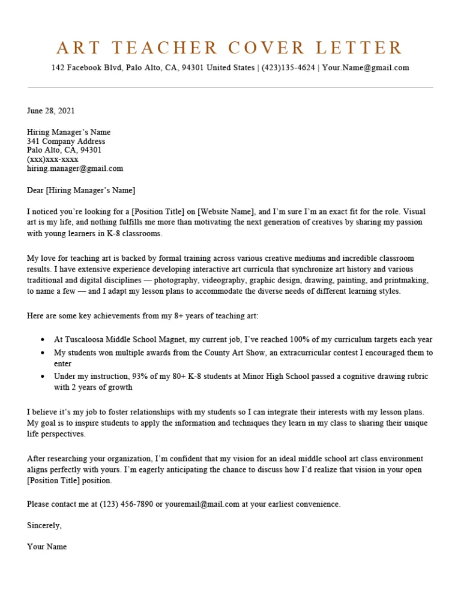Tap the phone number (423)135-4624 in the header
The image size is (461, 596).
[288, 68]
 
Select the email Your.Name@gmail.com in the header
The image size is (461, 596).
[366, 68]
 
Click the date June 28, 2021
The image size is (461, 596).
[51, 110]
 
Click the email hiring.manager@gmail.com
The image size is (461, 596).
[75, 168]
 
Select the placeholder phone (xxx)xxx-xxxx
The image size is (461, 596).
[53, 159]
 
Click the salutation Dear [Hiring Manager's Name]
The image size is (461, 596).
[81, 191]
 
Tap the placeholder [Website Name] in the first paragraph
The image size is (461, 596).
[227, 212]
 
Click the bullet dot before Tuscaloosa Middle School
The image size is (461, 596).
[43, 340]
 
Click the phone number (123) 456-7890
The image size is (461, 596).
[126, 504]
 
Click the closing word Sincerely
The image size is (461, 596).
[44, 525]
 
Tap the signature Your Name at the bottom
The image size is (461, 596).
[47, 547]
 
